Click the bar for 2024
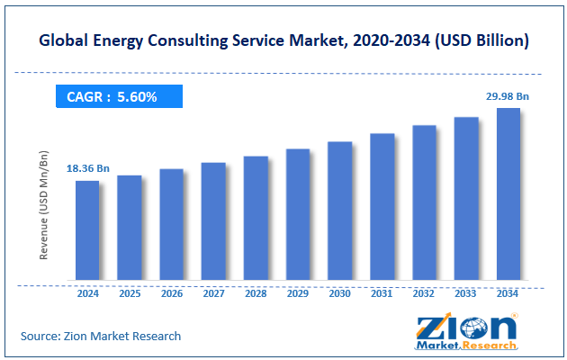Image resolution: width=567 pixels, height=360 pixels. coord(87,229)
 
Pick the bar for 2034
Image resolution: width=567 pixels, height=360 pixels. coord(508,193)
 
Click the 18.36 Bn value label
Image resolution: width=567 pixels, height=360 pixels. coord(88,168)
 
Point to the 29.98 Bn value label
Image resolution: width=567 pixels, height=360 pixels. coord(507,95)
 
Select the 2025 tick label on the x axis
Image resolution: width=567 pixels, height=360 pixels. coord(130,292)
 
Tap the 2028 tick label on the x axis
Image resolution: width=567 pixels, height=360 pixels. coord(256,292)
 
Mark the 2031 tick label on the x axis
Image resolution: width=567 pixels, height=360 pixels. coord(382,292)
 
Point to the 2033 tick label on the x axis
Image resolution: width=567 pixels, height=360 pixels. coord(465,292)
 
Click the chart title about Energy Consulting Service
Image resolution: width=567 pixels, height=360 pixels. coord(283,40)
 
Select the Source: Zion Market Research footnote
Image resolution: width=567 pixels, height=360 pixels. coord(101,336)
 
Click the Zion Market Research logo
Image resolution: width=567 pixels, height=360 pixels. coord(466,332)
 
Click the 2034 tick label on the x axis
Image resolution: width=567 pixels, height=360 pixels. coord(508,292)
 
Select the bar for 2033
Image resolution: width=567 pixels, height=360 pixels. coord(465,198)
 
